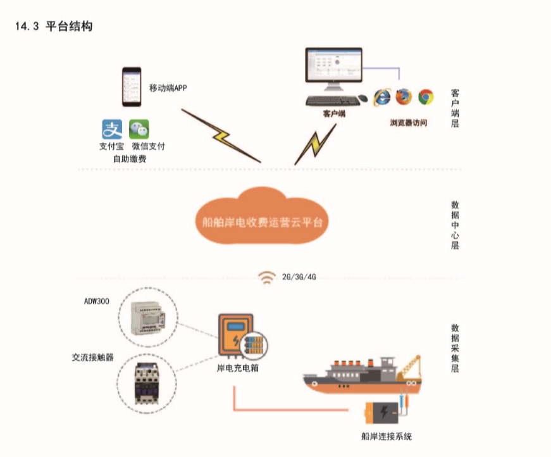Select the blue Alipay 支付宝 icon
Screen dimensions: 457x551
click(x=112, y=129)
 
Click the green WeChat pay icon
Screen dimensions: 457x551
click(x=139, y=129)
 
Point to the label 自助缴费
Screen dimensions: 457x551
click(x=129, y=159)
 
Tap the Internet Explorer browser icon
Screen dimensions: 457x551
click(x=381, y=96)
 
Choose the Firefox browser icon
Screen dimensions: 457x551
click(x=403, y=96)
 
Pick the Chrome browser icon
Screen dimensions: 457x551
click(x=425, y=96)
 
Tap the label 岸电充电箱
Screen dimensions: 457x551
click(x=233, y=368)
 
